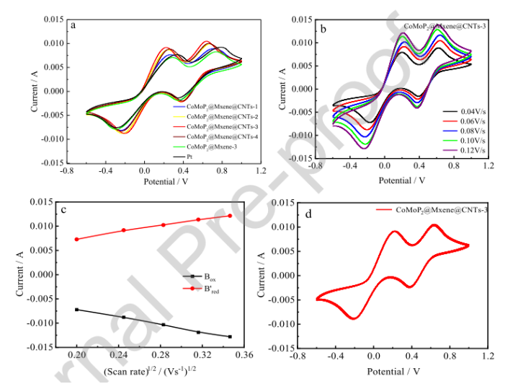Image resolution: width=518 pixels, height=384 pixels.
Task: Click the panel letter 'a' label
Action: coord(73,24)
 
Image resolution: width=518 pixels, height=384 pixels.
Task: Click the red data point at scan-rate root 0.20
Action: coord(76,239)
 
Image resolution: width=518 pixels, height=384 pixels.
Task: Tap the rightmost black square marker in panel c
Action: coord(250,337)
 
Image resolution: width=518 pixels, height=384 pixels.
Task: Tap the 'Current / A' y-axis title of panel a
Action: coord(35,91)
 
